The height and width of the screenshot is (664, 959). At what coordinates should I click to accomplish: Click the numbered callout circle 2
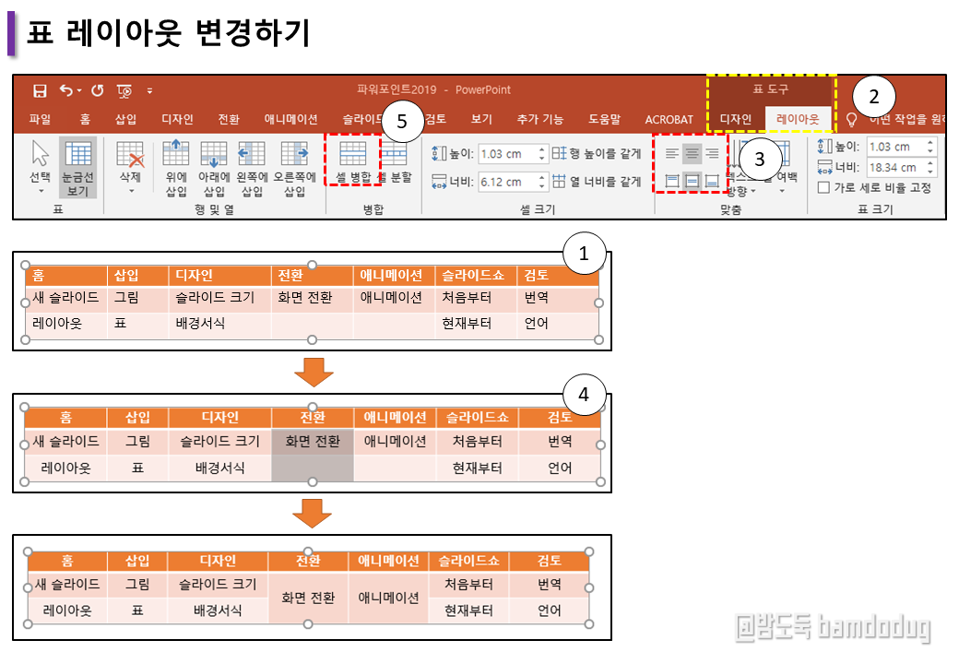(873, 95)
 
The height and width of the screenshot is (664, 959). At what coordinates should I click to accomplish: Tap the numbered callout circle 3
(759, 159)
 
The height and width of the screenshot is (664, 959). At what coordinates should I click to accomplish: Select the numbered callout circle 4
(583, 395)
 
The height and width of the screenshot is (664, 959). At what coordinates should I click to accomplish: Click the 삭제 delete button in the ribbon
(131, 164)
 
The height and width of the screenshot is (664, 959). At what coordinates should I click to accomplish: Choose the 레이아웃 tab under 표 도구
(798, 119)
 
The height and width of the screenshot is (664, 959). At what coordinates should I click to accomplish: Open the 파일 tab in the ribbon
(40, 119)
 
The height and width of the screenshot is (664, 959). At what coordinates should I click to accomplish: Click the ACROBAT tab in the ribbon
(669, 119)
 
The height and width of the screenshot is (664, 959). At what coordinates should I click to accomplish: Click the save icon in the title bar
(40, 90)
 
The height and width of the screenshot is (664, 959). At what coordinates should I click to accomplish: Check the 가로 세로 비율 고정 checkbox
(824, 187)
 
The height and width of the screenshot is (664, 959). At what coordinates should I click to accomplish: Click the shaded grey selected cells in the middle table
(313, 455)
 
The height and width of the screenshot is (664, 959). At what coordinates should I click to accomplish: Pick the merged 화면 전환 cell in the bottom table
(308, 598)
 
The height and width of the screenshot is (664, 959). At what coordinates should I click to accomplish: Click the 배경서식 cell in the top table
(200, 324)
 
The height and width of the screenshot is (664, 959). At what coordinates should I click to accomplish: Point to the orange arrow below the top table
(314, 372)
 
